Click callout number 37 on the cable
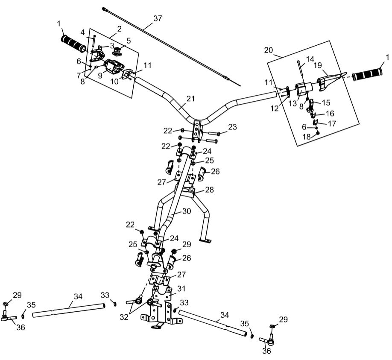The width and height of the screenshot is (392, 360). tap(158, 18)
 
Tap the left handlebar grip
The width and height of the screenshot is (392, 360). tap(74, 44)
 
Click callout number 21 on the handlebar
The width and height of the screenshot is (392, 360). tap(190, 99)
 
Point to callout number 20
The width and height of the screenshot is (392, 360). tap(268, 50)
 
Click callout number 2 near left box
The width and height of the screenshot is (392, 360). tap(119, 29)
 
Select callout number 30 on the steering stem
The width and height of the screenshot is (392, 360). tap(186, 211)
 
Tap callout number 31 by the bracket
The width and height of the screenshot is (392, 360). tap(181, 289)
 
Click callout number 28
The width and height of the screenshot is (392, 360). tap(210, 189)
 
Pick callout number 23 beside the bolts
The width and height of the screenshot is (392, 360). tap(232, 127)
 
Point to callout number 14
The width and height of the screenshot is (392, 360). tap(310, 59)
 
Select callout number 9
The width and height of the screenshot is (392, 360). tap(100, 76)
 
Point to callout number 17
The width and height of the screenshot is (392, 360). tap(332, 123)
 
